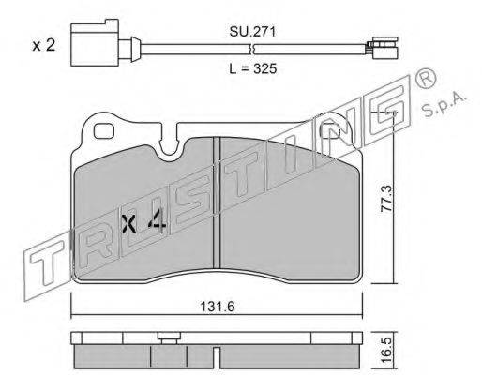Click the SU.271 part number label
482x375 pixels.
point(252,32)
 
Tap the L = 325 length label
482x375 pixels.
point(253,68)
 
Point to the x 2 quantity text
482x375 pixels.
point(44,46)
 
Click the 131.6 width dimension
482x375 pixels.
point(218,307)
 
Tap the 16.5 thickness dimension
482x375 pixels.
point(386,351)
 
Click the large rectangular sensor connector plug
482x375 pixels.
point(95,42)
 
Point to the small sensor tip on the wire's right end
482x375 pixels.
point(382,48)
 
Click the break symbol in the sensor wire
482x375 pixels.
point(252,49)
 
